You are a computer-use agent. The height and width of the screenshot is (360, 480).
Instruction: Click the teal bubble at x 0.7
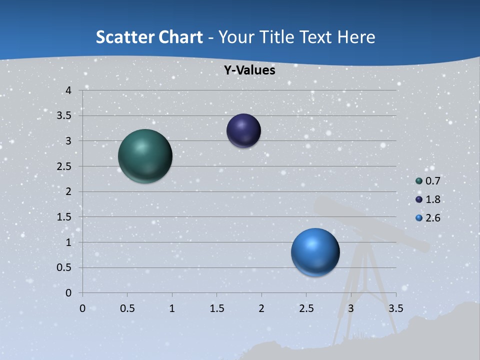coord(145,156)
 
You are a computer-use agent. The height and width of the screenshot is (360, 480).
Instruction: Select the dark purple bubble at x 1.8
coord(243,131)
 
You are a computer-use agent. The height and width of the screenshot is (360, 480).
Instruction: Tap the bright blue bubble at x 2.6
coord(315,252)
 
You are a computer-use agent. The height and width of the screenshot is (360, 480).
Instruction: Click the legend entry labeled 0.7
coord(428,181)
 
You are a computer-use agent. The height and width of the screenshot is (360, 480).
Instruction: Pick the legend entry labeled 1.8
coord(428,199)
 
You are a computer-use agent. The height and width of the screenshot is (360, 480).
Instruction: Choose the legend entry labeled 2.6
coord(428,218)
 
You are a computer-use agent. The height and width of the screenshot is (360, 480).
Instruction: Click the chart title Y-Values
coord(249,70)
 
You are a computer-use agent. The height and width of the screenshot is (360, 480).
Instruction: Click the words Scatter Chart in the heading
coord(149,37)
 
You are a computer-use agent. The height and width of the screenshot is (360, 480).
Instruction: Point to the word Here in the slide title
coord(356,37)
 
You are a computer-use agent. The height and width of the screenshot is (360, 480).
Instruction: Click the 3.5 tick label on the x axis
coord(395,308)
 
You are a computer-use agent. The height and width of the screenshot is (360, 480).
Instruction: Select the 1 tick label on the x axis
coord(172,308)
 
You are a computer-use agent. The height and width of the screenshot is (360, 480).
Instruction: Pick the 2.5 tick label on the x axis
coord(306,308)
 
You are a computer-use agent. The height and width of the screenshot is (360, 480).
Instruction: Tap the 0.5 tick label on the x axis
coord(127,308)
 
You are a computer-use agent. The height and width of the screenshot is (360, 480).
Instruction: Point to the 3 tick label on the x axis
coord(351,308)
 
